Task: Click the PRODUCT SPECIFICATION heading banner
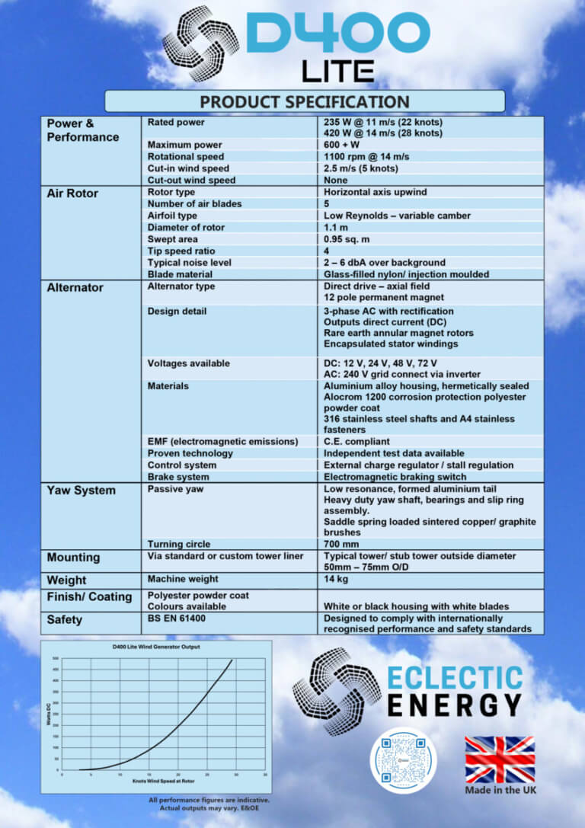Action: [304, 101]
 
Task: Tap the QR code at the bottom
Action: [404, 760]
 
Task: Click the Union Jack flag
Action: [500, 759]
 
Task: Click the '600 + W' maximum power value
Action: [342, 145]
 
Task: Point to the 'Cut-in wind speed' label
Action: [188, 168]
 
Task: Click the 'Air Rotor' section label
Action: [72, 193]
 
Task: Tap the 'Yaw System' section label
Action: [81, 491]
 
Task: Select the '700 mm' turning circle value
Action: [341, 545]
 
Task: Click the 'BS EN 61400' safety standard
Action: [177, 619]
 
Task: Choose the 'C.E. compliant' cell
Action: [356, 442]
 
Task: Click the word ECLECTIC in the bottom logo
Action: [455, 678]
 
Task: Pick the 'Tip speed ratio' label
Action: [181, 251]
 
